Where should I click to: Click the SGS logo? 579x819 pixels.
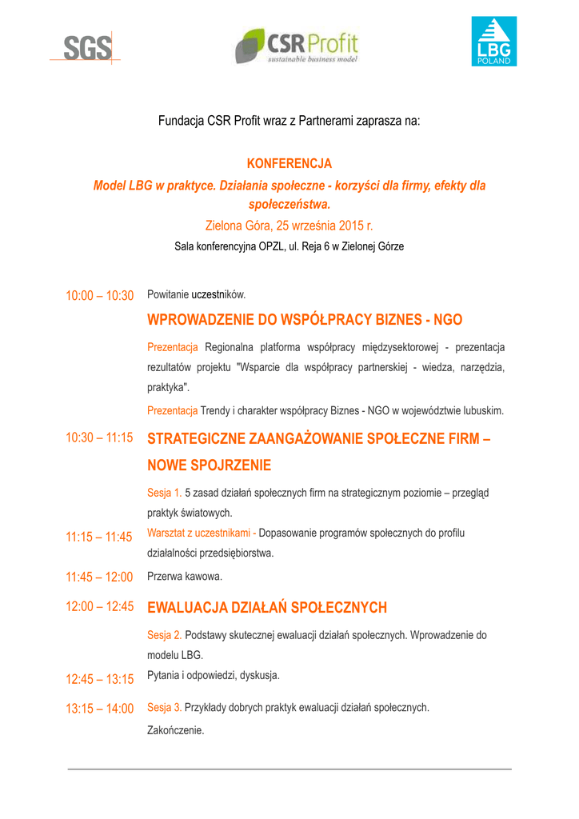tap(88, 48)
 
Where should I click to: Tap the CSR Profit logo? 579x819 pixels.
tap(297, 46)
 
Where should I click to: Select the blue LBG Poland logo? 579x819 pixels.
tap(493, 42)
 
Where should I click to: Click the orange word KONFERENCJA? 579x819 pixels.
tap(289, 164)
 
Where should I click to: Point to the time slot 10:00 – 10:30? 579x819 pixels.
tap(99, 296)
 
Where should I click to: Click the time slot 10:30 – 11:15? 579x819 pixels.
tap(99, 437)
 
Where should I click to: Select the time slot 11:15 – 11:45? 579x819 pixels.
tap(99, 537)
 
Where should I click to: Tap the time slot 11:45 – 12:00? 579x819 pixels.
tap(99, 577)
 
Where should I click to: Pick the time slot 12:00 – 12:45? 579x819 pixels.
tap(99, 606)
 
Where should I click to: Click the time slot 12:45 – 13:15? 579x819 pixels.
tap(99, 679)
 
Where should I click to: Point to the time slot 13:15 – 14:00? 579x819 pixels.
tap(99, 709)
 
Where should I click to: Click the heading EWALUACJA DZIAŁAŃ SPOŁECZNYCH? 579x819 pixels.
tap(267, 608)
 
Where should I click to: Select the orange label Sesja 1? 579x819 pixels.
tap(165, 493)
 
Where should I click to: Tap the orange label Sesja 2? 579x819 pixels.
tap(165, 635)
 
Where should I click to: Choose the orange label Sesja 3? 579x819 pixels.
tap(165, 708)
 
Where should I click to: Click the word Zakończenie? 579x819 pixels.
tap(176, 730)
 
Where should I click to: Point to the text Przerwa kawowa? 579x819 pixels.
tap(185, 576)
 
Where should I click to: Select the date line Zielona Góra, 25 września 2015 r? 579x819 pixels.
tap(289, 226)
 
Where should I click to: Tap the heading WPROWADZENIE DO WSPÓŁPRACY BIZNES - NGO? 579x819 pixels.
tap(305, 320)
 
